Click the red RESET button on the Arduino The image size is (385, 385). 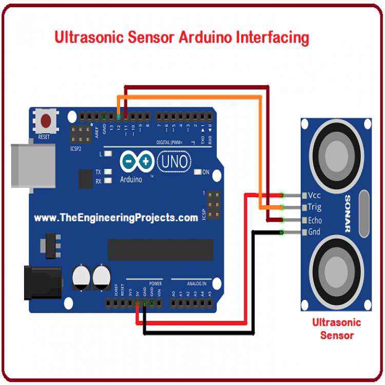46,122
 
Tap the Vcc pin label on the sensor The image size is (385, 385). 315,196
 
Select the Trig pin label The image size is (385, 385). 314,207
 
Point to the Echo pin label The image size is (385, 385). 315,220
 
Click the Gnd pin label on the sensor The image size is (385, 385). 314,232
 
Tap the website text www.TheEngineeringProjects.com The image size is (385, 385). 116,218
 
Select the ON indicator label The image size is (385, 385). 206,172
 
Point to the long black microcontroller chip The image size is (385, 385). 160,249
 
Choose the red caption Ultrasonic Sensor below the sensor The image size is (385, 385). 337,329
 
